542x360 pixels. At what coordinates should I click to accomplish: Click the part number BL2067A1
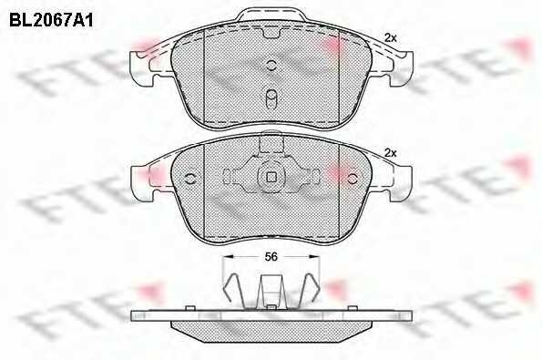point(51,20)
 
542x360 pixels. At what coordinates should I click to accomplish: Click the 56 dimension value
point(271,257)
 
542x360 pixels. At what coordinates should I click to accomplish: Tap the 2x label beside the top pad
point(391,37)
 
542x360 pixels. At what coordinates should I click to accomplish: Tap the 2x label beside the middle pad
point(391,152)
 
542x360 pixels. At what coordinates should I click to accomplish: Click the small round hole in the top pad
point(271,65)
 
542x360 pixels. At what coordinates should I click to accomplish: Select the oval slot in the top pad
point(271,99)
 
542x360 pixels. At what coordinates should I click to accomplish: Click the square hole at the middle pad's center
point(271,177)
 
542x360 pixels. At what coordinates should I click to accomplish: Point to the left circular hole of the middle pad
point(190,179)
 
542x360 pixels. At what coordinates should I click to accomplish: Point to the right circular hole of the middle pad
point(353,179)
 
